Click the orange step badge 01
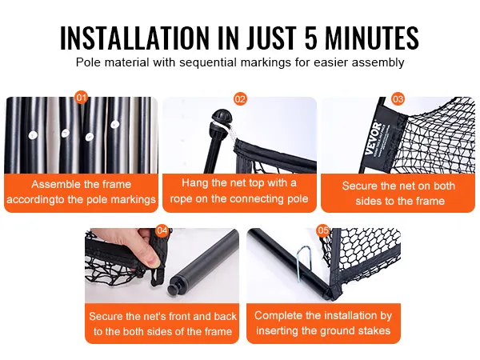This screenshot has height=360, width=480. [82, 98]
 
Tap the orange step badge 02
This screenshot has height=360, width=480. [240, 99]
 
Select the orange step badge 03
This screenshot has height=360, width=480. [398, 99]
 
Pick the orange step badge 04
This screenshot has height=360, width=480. [162, 230]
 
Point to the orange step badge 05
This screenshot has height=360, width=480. [323, 230]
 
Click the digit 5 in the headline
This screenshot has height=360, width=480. [311, 38]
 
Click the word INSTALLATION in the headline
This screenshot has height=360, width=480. [134, 38]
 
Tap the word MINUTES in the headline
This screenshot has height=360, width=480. [372, 38]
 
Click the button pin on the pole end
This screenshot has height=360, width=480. [173, 288]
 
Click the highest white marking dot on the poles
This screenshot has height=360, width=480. [114, 124]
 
